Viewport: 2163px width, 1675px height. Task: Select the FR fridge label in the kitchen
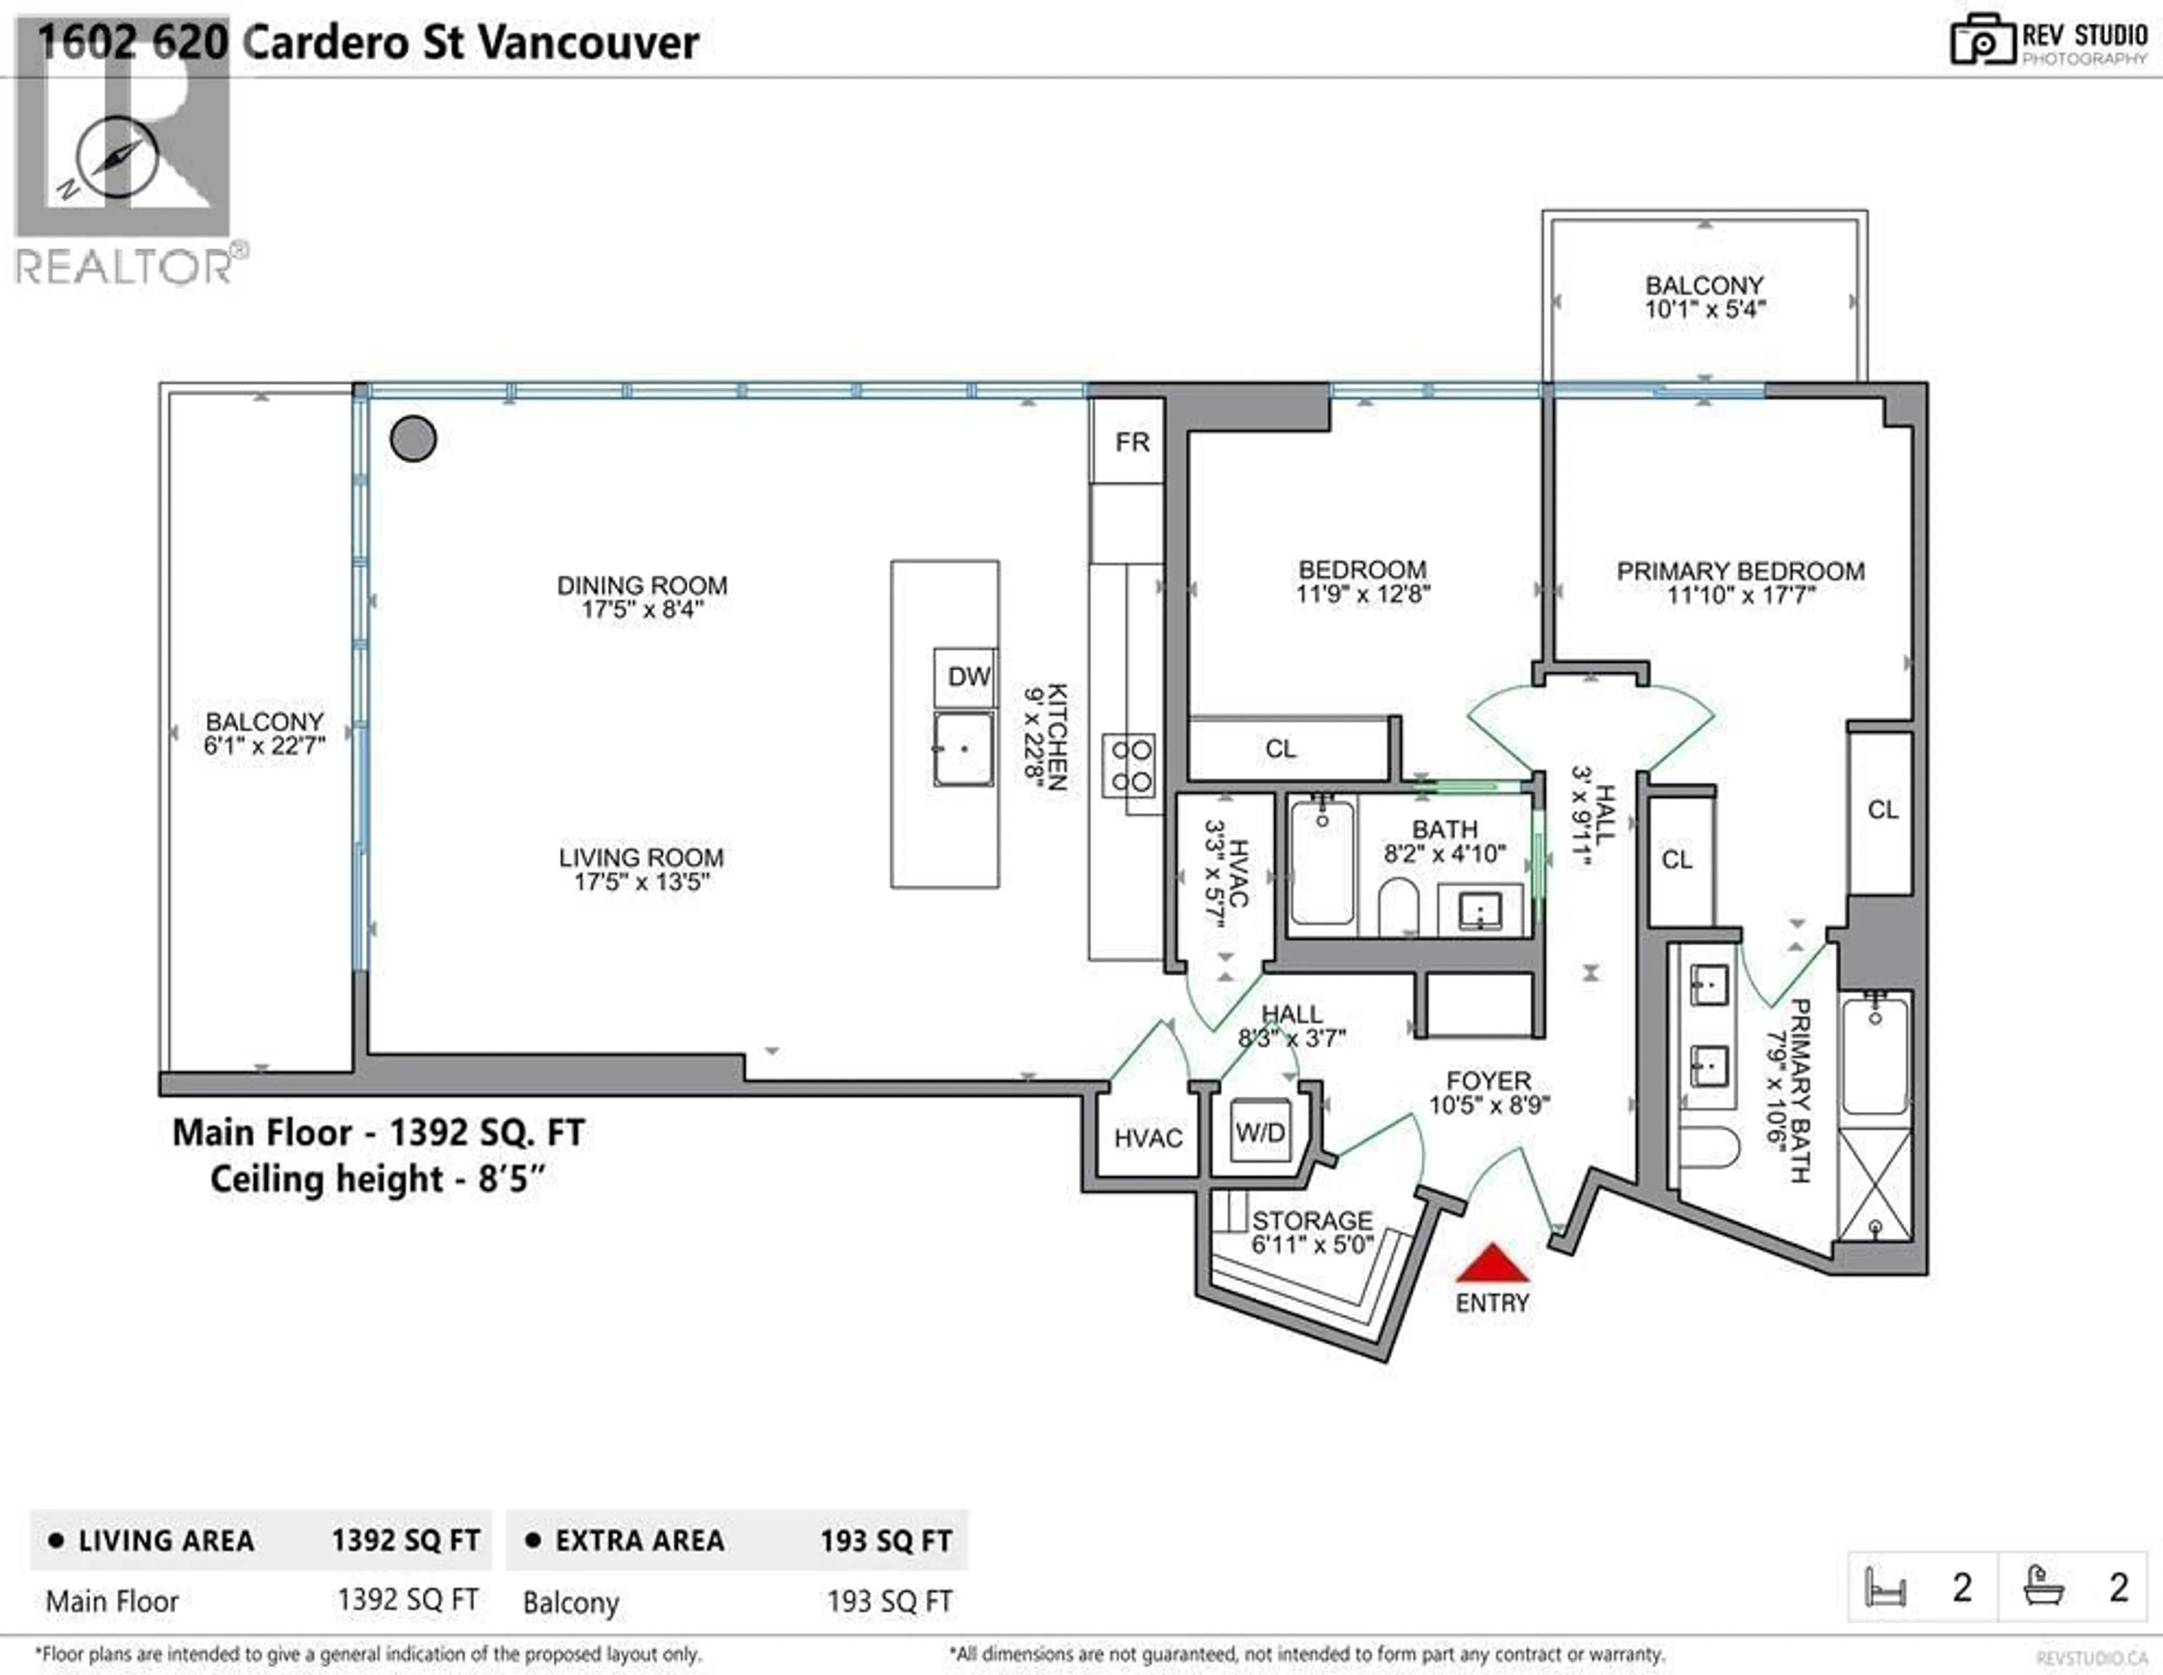click(1131, 442)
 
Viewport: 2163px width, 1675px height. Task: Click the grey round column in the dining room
click(413, 439)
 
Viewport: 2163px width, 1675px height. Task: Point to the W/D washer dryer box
click(1259, 1132)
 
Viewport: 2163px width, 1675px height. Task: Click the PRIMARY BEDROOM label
click(1740, 571)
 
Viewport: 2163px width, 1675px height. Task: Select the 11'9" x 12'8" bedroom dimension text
click(1363, 594)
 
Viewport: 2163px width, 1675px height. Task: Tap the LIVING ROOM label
click(641, 858)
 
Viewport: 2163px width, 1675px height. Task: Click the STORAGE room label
click(1312, 1220)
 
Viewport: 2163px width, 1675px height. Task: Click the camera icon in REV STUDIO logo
click(1982, 42)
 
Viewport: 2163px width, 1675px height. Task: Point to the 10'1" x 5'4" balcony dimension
click(1704, 309)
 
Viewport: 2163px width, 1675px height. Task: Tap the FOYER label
click(1488, 1081)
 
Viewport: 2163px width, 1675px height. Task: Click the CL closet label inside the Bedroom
click(1280, 749)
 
